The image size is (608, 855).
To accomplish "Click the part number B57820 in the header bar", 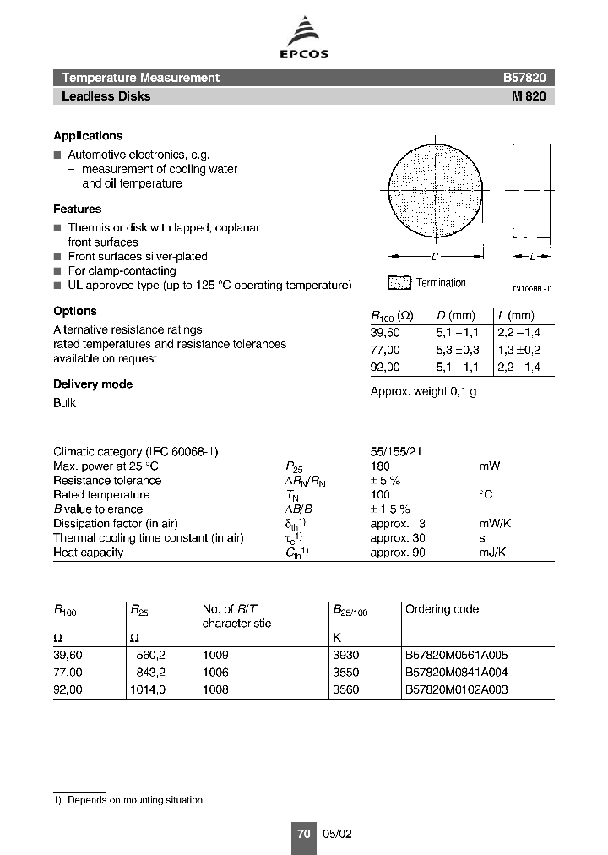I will (x=524, y=78).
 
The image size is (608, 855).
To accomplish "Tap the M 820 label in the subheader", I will (x=529, y=96).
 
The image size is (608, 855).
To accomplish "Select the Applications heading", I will (x=88, y=136).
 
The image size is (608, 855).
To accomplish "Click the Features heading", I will (x=77, y=209).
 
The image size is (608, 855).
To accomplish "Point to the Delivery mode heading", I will (x=93, y=384).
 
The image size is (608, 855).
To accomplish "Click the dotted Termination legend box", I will (x=399, y=283).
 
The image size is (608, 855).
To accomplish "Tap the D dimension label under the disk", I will (x=435, y=255).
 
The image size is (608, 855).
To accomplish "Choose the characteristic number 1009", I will (x=215, y=655).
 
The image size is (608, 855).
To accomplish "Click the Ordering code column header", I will (x=442, y=609).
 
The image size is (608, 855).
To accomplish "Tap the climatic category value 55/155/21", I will (x=396, y=452).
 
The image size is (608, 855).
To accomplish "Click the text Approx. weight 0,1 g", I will (x=423, y=392).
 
